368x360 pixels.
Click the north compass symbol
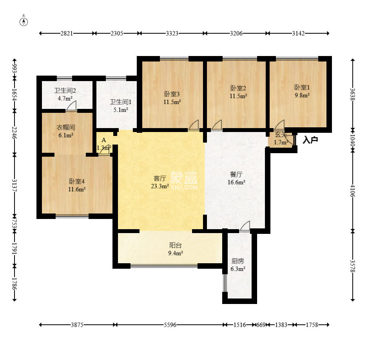pos(24,21)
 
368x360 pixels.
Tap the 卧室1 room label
pos(302,87)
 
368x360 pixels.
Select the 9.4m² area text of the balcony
pos(176,253)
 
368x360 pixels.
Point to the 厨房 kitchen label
pos(237,261)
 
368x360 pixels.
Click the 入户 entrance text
pos(310,140)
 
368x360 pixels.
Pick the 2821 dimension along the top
pos(67,33)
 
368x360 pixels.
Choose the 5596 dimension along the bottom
pos(170,325)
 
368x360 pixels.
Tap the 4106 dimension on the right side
pos(352,191)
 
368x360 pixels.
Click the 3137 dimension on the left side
pos(15,185)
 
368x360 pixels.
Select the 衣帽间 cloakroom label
pos(66,127)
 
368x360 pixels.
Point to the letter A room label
pos(104,140)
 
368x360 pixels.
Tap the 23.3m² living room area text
pos(160,186)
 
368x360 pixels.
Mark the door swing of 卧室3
pos(194,125)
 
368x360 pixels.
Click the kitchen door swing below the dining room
pos(245,226)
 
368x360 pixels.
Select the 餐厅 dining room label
pos(236,174)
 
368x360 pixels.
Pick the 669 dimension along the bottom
pos(261,325)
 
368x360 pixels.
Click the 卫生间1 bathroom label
pos(121,102)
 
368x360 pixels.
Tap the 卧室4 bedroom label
pos(76,181)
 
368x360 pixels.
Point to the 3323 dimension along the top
pos(172,33)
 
